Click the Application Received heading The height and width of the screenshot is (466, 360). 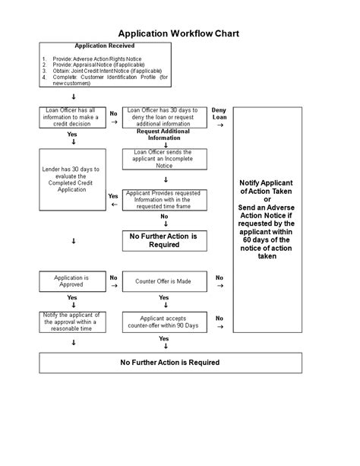coord(105,46)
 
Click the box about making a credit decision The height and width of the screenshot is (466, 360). coord(73,118)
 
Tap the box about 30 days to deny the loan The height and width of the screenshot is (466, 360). coord(163,118)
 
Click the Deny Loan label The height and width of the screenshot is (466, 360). coord(219,114)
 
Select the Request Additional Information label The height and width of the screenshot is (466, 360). coord(163,135)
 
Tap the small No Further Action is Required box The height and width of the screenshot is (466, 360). coord(163,241)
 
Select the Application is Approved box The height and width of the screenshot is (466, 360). coord(73,282)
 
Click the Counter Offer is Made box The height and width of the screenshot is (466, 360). coord(163,281)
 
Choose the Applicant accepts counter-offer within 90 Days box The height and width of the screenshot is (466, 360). coord(163,322)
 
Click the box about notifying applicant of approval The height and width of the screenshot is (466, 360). coord(73,321)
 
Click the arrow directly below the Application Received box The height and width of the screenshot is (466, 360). coord(73,97)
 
